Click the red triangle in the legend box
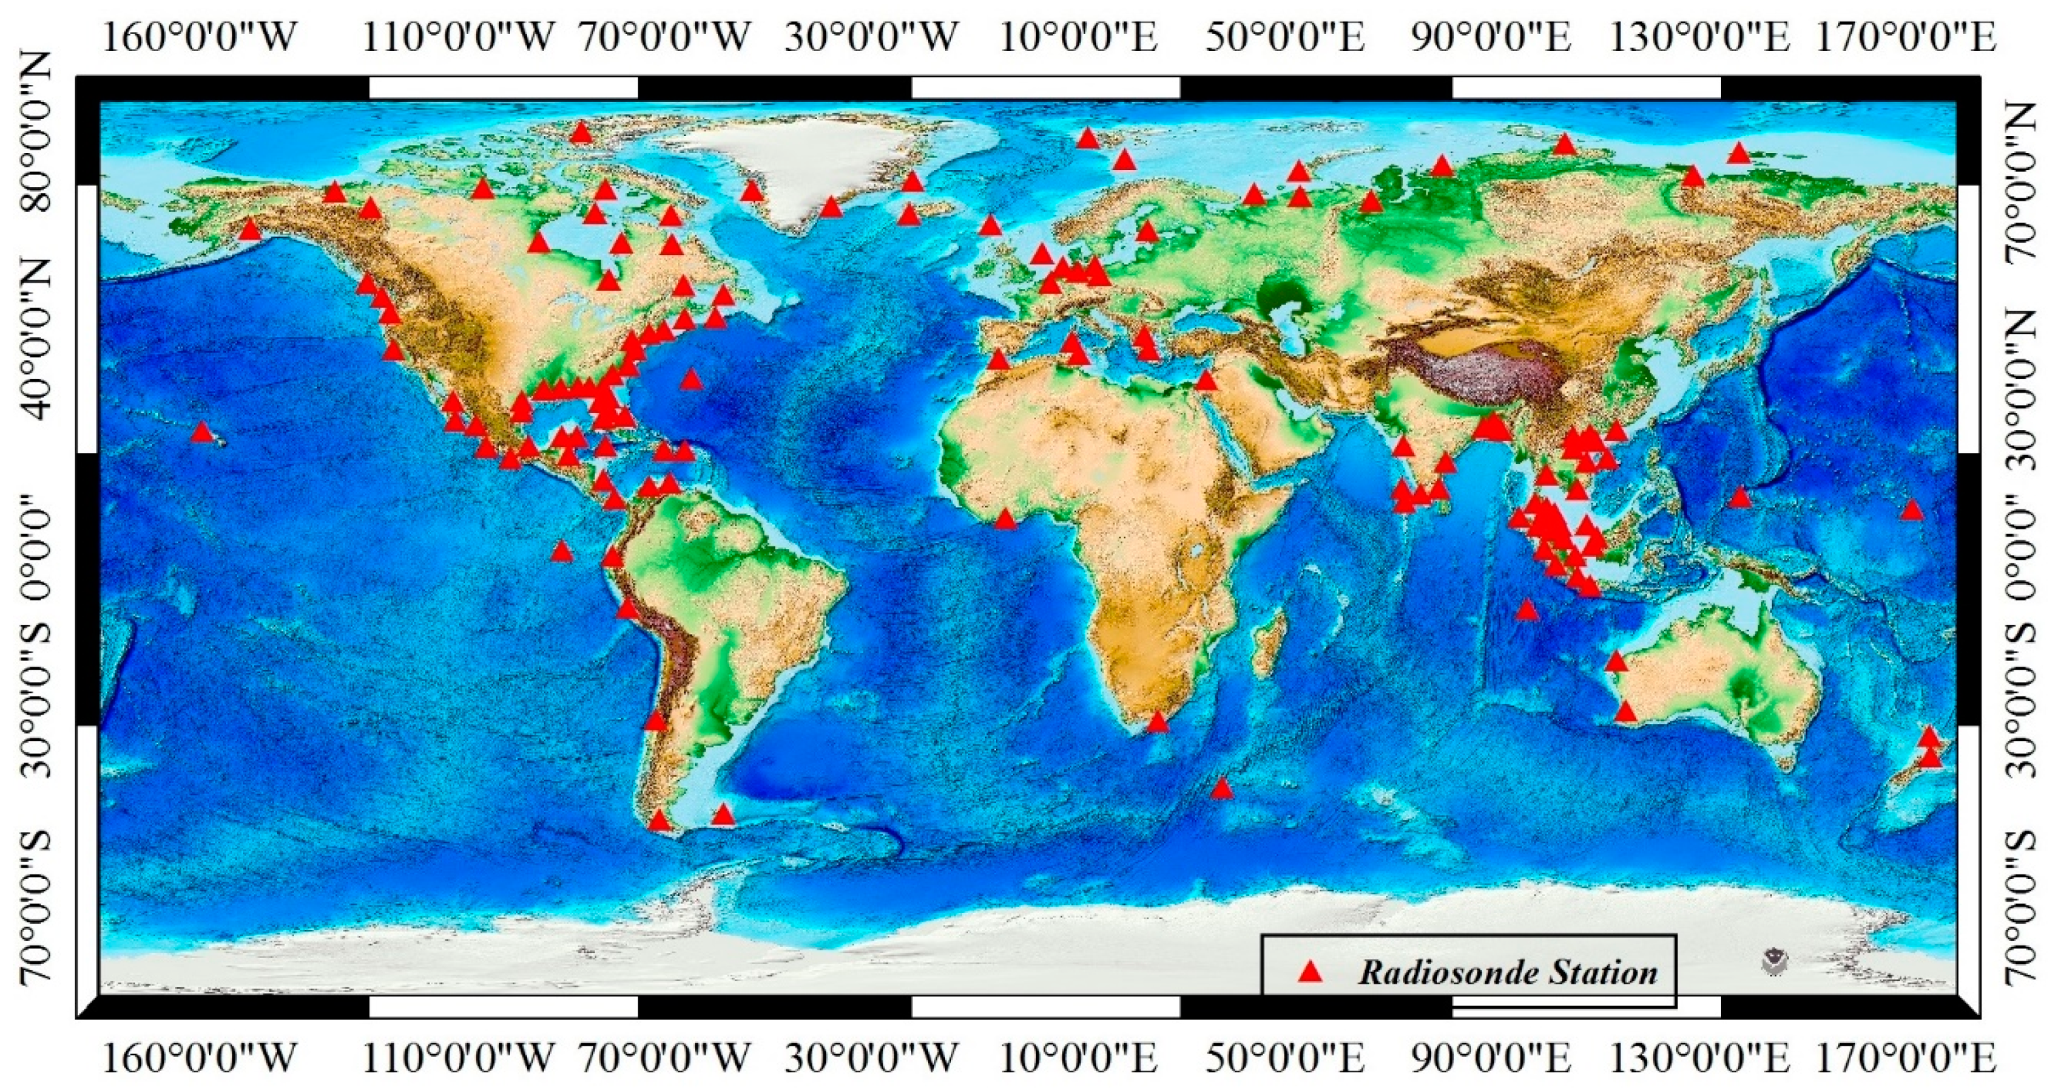tap(1309, 972)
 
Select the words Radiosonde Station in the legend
tap(1508, 972)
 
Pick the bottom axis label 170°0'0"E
tap(1905, 1059)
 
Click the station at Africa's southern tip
tap(1157, 723)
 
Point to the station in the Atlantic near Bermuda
tap(691, 379)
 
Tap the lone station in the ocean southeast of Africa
tap(1222, 789)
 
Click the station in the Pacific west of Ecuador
tap(562, 551)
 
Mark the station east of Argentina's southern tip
tap(723, 814)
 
